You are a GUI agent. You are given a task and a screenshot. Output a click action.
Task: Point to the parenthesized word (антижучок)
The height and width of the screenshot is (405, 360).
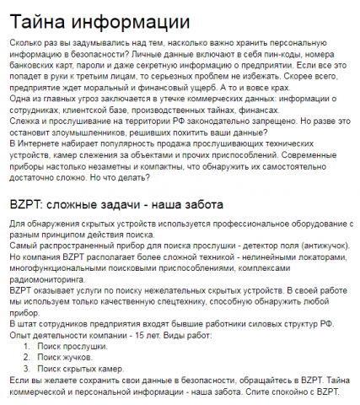[x=318, y=244]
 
